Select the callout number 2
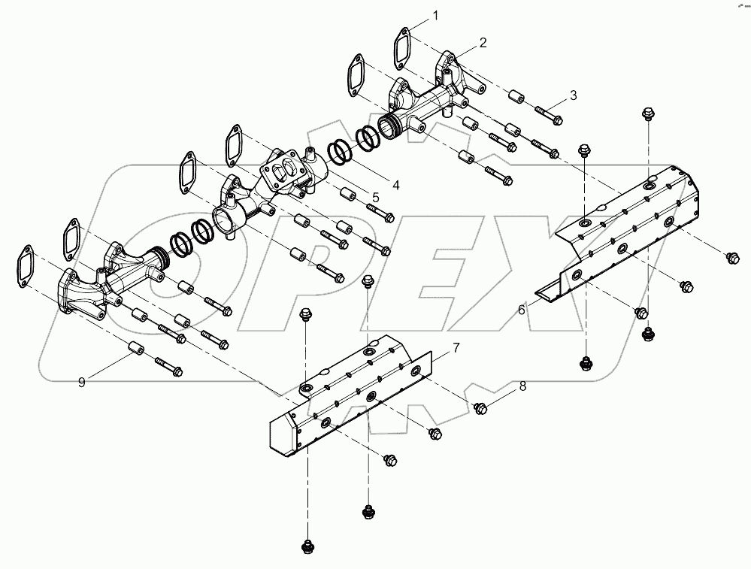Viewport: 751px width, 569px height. coord(483,42)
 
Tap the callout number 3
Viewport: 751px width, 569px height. coord(573,95)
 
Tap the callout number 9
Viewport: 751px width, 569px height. coord(81,383)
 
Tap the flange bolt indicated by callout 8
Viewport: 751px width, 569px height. coord(481,408)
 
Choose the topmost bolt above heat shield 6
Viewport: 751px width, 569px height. coord(646,114)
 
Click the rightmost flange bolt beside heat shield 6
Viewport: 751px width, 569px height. coord(730,258)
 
